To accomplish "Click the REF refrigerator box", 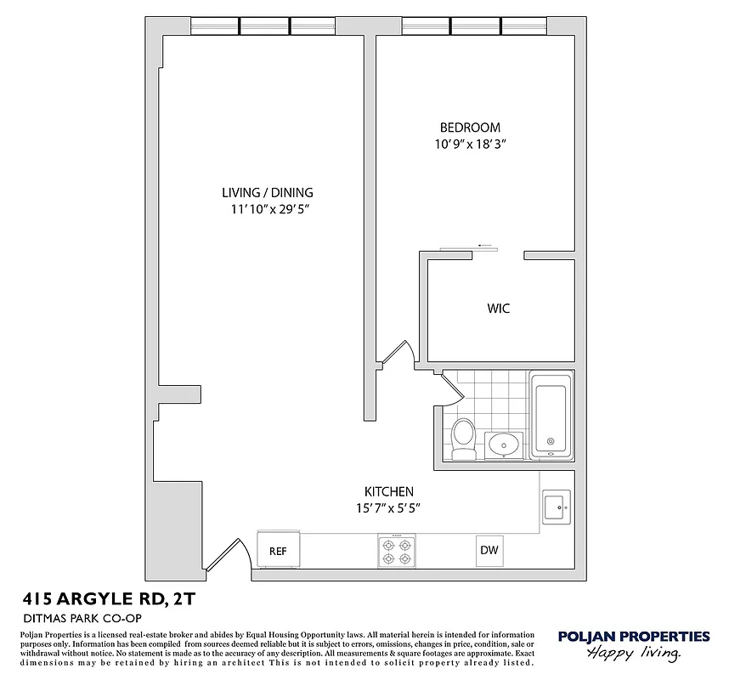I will tap(278, 551).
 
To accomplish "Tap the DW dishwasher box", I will tap(489, 550).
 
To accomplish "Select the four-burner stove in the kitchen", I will tap(396, 550).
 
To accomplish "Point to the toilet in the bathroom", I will tap(463, 438).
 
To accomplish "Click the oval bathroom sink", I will tap(504, 444).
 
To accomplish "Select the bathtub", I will tap(551, 416).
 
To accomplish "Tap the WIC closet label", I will tap(499, 309).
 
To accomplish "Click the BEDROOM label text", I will tap(470, 127).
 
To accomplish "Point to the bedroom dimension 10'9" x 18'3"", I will tap(470, 144).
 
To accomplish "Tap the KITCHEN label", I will tap(388, 491).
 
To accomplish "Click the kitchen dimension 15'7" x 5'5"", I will tap(388, 508).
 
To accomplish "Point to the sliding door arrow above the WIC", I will tap(485, 246).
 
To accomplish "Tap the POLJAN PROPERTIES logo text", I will tap(633, 636).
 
